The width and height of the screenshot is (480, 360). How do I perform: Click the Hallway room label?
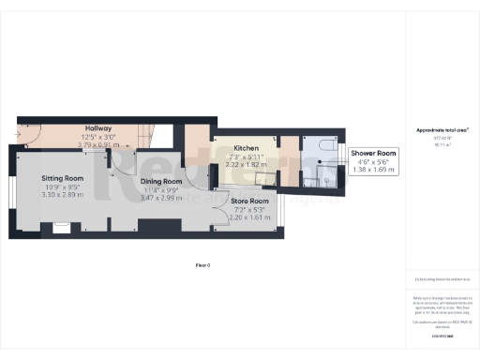(x=98, y=128)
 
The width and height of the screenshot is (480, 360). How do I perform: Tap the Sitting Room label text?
(x=63, y=178)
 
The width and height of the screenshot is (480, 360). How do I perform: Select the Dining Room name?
(x=161, y=182)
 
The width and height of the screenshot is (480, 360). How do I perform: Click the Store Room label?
(x=251, y=201)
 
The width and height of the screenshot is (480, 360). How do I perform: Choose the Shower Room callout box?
(x=374, y=160)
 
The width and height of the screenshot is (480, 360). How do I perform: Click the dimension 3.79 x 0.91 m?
(x=97, y=144)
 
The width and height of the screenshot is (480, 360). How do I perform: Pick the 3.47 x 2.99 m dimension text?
(x=161, y=199)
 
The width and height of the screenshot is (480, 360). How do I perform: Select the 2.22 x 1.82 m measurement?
(x=246, y=164)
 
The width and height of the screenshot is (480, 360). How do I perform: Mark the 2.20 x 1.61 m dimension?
(x=251, y=217)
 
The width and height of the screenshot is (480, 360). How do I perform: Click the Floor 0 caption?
(x=202, y=265)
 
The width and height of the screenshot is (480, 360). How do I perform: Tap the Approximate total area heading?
(x=442, y=129)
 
